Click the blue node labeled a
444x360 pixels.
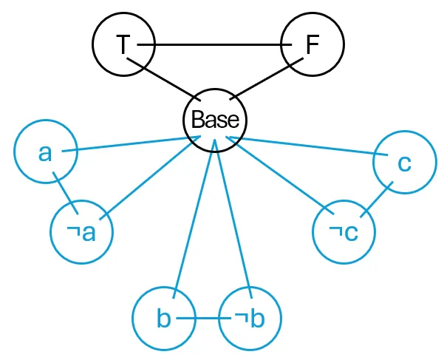(x=45, y=152)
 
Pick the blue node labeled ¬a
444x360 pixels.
(x=81, y=233)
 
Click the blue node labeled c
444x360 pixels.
(x=403, y=163)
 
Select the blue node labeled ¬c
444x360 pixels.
(x=344, y=233)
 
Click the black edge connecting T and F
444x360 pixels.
(x=217, y=45)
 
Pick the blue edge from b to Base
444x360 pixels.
(x=196, y=214)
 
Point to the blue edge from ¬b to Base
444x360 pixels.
(x=232, y=214)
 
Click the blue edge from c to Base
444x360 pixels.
(x=303, y=146)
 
